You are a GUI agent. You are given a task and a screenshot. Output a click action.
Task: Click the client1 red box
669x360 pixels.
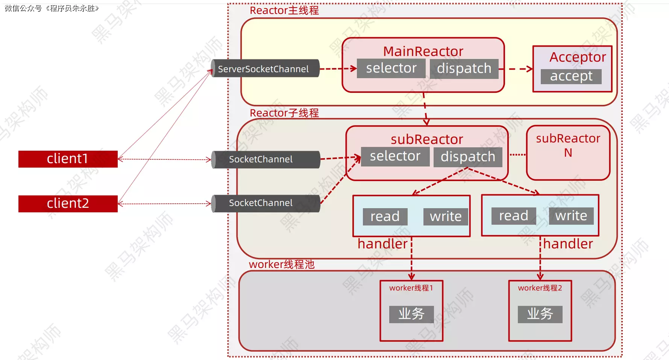[68, 159]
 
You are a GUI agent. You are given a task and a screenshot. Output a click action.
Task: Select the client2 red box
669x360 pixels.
[68, 204]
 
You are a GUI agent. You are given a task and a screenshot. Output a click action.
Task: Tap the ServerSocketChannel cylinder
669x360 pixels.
[265, 69]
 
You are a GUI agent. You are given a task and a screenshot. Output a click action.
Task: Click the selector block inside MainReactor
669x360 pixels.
[391, 68]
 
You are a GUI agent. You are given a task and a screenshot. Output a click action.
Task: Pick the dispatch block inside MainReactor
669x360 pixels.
[464, 69]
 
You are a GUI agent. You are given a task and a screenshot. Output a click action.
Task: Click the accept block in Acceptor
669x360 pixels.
[571, 76]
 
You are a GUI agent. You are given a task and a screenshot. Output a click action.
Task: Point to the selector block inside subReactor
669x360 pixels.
[395, 156]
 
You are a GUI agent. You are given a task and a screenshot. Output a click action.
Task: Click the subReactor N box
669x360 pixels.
[568, 153]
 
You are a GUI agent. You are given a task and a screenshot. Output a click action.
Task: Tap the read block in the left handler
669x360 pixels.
[385, 216]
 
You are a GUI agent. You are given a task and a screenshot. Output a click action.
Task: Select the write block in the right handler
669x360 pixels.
[571, 216]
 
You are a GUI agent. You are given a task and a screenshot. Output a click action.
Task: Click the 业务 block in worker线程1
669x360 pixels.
[411, 314]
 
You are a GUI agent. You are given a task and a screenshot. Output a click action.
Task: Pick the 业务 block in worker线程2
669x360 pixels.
[540, 314]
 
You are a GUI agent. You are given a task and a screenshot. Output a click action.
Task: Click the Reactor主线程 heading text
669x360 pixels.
[284, 11]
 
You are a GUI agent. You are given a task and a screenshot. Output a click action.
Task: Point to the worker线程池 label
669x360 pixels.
[282, 264]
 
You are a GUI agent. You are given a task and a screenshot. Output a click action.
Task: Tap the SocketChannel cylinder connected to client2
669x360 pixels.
[265, 203]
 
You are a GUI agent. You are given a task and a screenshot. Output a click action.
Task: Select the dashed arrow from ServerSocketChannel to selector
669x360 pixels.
[338, 69]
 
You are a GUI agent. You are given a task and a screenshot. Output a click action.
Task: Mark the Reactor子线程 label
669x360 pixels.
[284, 113]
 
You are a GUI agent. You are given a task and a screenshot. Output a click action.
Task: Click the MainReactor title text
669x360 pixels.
[423, 51]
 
